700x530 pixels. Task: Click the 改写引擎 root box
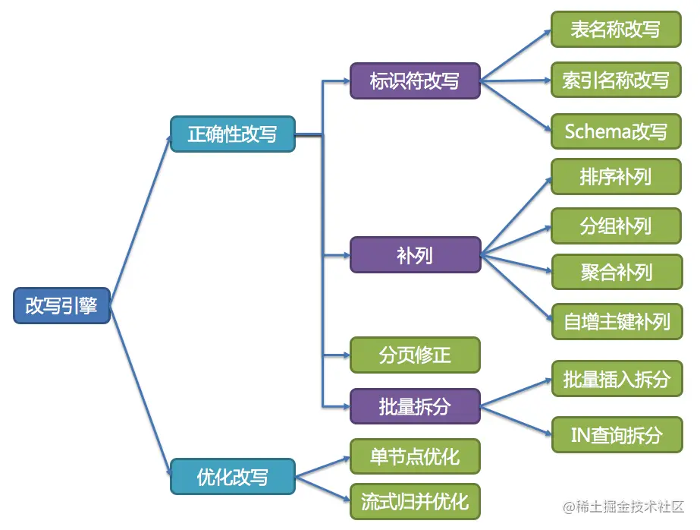62,305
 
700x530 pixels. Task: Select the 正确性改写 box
232,134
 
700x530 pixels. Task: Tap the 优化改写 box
232,477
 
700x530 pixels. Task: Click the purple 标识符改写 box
415,80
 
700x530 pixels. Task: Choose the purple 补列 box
415,254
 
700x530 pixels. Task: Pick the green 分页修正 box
415,355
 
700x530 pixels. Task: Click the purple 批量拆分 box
415,405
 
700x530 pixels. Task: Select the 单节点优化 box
415,456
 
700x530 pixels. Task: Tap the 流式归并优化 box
415,501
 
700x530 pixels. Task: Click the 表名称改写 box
615,30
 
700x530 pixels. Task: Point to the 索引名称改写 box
615,80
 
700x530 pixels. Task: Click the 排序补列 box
615,177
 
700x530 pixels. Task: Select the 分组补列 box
615,226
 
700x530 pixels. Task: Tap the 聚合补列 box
615,272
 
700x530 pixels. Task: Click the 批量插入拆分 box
615,378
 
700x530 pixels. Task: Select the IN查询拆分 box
615,434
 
